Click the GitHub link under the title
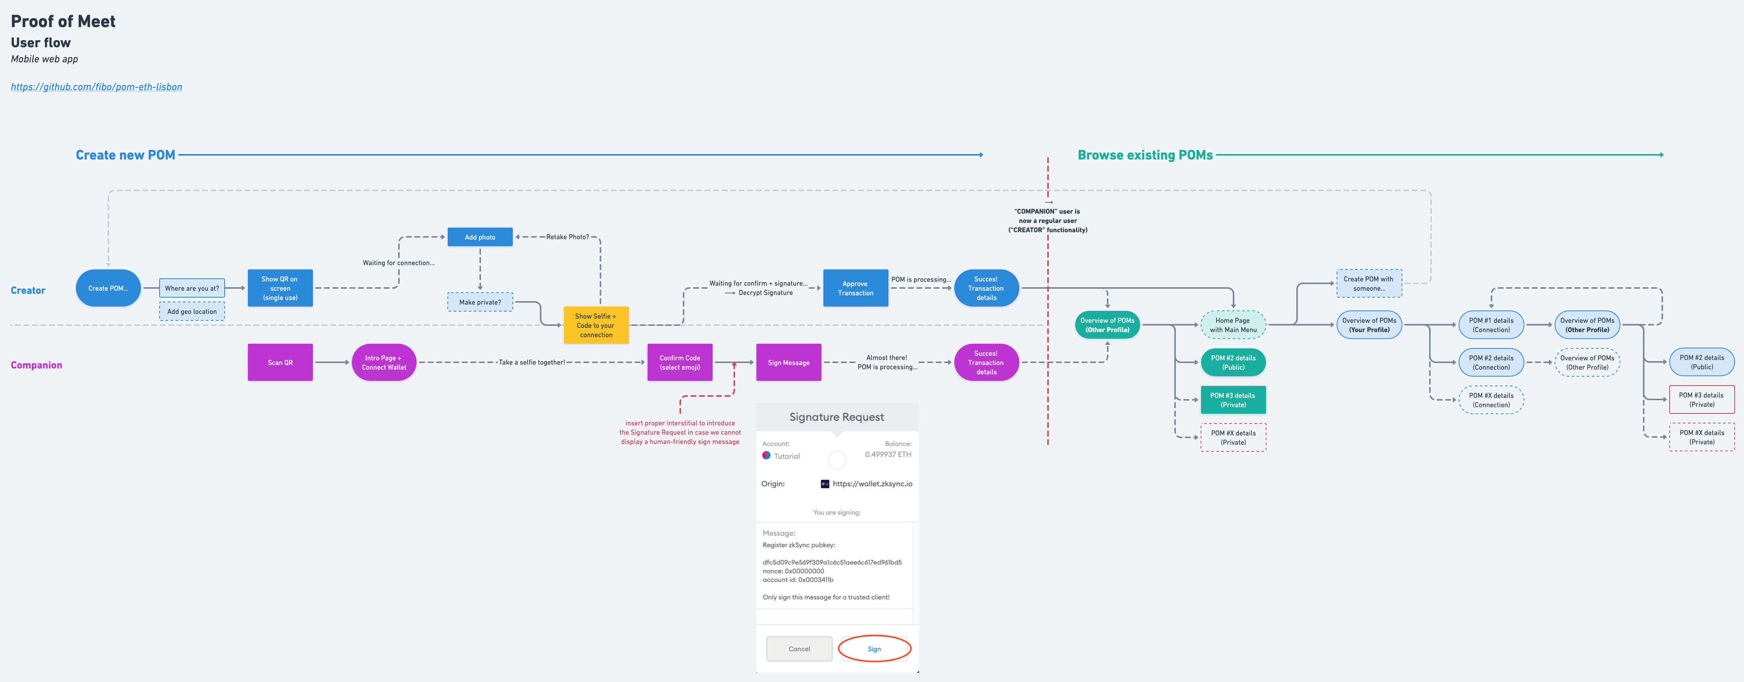point(96,87)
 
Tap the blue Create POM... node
point(108,288)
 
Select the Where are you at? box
point(192,288)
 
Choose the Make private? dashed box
point(480,302)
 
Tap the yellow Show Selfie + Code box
point(596,326)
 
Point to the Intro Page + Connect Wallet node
point(384,363)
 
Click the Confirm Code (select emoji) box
point(680,363)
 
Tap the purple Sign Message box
point(789,363)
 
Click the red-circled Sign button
point(874,649)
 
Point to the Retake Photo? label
point(567,237)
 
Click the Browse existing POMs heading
point(1145,155)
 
